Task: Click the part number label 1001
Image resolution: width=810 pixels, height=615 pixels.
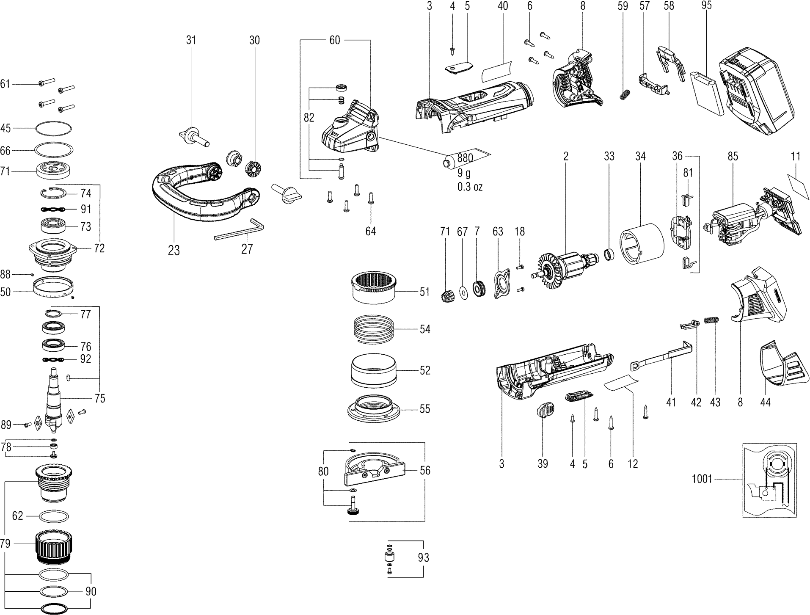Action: click(702, 479)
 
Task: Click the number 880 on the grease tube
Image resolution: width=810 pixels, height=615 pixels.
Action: click(465, 158)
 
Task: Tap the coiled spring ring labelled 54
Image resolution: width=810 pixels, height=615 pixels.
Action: click(374, 328)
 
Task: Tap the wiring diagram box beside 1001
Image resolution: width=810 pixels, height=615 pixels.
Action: click(769, 480)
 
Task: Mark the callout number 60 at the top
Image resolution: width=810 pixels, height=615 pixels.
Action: click(334, 40)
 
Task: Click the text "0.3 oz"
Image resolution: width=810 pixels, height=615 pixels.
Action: click(470, 187)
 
